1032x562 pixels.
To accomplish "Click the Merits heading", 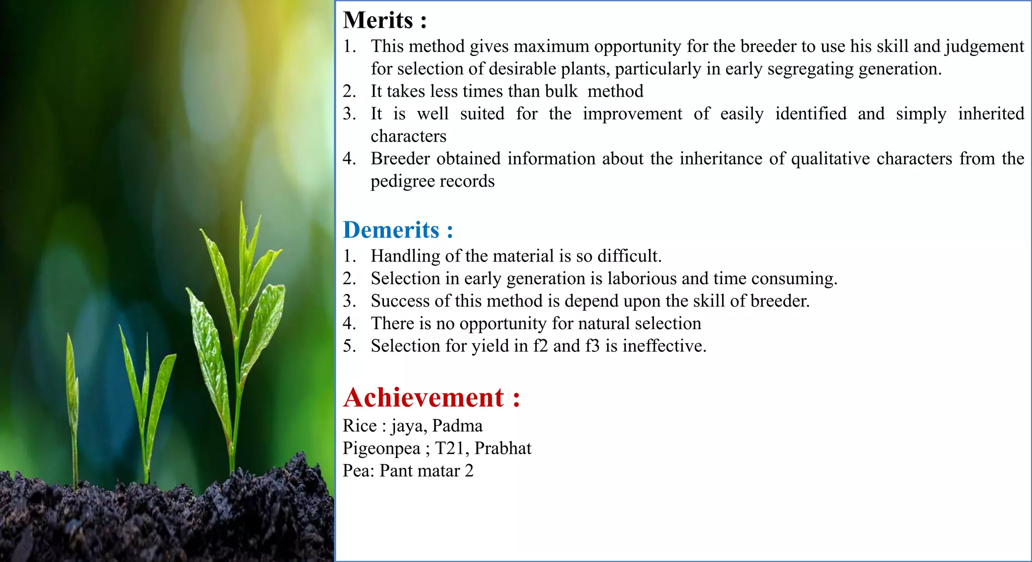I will pyautogui.click(x=385, y=21).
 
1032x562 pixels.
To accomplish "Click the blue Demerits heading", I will pyautogui.click(x=398, y=230).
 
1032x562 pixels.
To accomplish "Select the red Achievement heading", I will pyautogui.click(x=431, y=398).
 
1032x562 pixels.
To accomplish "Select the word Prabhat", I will pyautogui.click(x=503, y=449).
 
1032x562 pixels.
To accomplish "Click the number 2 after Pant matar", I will pyautogui.click(x=469, y=471).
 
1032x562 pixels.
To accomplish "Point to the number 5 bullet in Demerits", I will pyautogui.click(x=349, y=346).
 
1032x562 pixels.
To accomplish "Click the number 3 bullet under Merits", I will pyautogui.click(x=349, y=114).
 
